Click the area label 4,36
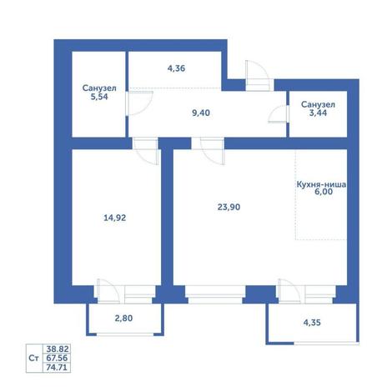176,68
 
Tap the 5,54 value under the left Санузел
99,97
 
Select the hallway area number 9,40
201,113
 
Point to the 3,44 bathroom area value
318,113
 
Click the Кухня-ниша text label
321,184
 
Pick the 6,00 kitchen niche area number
324,192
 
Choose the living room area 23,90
229,207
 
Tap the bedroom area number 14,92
115,218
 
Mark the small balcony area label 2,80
123,318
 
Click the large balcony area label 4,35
312,323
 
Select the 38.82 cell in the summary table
58,349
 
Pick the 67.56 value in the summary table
57,358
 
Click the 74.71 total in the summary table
57,367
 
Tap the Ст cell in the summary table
33,358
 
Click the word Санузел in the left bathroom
99,88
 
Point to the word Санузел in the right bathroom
318,105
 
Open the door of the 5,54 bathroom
139,103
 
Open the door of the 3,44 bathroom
279,114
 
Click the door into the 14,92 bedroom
146,151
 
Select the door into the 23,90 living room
212,151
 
